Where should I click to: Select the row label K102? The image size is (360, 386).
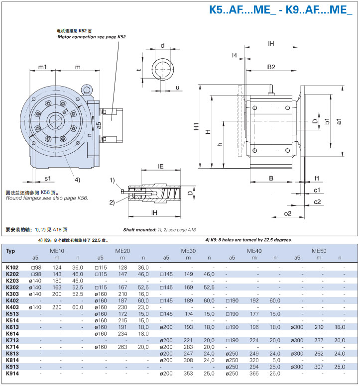pos(13,268)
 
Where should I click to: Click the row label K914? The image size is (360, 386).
pos(13,373)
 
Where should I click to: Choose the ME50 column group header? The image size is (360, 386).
pos(320,251)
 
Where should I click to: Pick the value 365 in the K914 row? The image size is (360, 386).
pos(254,373)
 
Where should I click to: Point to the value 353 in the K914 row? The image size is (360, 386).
pos(188,373)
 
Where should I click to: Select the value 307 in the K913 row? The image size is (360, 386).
pos(320,367)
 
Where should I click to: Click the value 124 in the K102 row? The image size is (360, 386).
pos(57,268)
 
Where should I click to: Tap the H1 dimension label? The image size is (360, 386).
pos(197,127)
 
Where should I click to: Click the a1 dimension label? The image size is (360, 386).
pos(339,121)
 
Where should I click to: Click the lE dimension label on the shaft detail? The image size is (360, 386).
pos(161,167)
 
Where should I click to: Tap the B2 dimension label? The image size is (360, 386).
pos(271,67)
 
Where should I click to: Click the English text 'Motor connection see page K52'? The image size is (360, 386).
pos(92,37)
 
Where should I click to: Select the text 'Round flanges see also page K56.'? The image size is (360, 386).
pos(47,198)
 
